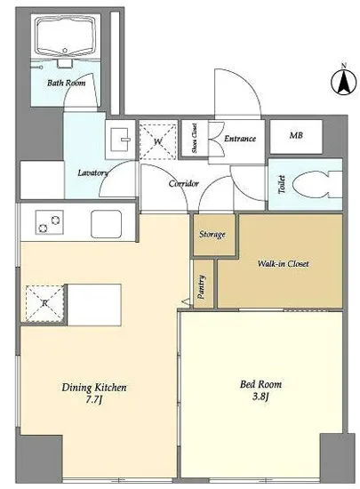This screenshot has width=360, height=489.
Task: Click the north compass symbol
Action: (x=343, y=82)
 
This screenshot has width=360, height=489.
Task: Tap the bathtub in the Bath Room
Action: (x=65, y=36)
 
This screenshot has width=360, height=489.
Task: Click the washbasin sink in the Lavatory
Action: (x=121, y=139)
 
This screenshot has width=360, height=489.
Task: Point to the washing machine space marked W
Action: (x=157, y=139)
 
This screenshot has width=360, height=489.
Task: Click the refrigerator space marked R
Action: (x=44, y=303)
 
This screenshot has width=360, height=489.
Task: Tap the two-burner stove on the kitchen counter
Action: (x=50, y=222)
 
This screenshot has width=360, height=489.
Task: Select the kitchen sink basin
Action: (x=106, y=223)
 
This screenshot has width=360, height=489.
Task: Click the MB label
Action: (x=296, y=136)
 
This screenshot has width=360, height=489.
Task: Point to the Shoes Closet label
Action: (x=195, y=138)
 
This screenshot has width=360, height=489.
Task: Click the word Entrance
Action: (x=240, y=139)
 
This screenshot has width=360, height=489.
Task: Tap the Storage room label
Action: (x=212, y=234)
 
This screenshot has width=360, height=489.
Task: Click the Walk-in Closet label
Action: (x=283, y=264)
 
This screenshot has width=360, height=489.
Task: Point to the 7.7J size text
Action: (x=94, y=400)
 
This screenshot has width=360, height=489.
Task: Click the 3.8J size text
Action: (x=260, y=397)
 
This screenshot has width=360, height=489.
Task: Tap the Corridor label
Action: (x=184, y=183)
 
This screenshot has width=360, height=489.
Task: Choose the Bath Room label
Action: (x=67, y=83)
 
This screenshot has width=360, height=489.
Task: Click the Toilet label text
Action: (x=282, y=184)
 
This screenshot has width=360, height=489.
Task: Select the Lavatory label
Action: (x=92, y=172)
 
